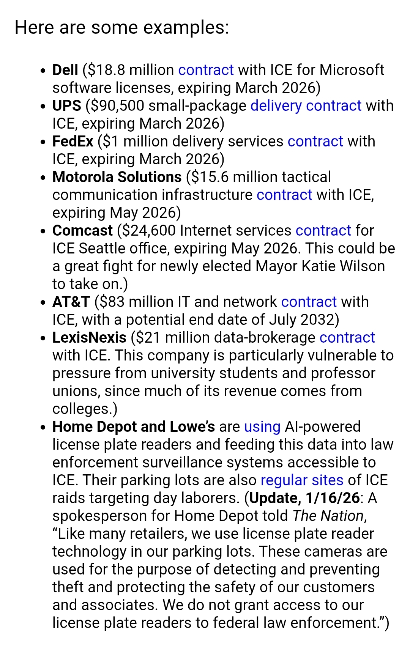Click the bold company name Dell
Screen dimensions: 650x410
click(x=65, y=70)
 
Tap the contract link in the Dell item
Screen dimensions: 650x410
click(x=206, y=70)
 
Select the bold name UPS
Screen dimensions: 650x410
click(x=66, y=106)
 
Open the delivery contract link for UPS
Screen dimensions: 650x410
click(x=306, y=106)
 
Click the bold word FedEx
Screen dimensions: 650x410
click(x=73, y=142)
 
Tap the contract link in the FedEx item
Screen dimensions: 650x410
click(x=315, y=142)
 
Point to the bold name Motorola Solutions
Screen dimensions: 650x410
click(x=117, y=177)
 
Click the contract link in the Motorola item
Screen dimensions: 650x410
click(x=284, y=195)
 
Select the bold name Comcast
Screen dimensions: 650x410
click(x=82, y=231)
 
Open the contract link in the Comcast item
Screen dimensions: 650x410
click(x=323, y=231)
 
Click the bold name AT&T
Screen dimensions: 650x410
click(x=71, y=302)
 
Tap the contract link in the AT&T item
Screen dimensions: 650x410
click(x=309, y=302)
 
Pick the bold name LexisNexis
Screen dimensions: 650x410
click(x=89, y=338)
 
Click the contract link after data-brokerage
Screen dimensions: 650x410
click(x=347, y=338)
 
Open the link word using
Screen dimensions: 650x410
click(x=262, y=427)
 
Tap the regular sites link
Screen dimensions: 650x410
click(x=302, y=480)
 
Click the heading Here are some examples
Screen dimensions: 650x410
click(x=121, y=28)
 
